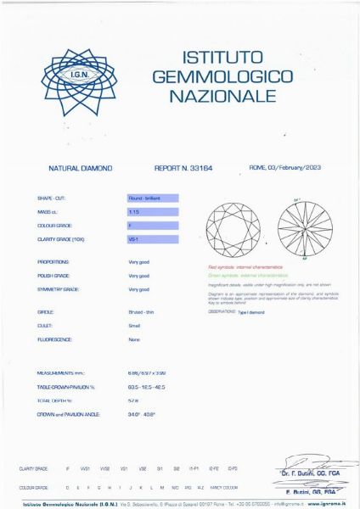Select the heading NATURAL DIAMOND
point(81,169)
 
